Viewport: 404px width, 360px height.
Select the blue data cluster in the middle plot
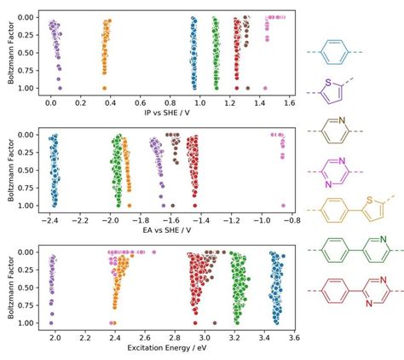pos(55,171)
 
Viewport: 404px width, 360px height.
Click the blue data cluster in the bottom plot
pos(276,286)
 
